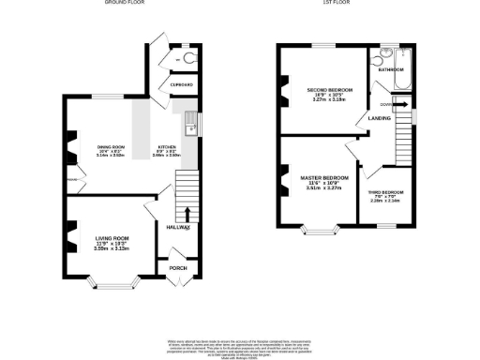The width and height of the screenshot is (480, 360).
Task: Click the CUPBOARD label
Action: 182,85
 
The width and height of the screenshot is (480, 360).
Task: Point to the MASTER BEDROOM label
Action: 324,177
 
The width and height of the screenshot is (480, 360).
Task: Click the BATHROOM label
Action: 391,69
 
